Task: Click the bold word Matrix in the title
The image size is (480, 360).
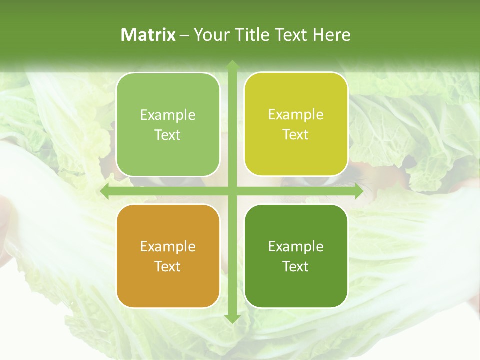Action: (148, 35)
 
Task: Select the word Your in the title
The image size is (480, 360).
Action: (209, 35)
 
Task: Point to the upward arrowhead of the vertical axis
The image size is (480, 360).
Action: (232, 65)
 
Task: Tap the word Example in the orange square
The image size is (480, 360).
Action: (168, 246)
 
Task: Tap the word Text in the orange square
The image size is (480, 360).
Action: (168, 266)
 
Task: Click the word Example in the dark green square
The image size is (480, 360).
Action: (296, 246)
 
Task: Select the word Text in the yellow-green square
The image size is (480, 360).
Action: (296, 135)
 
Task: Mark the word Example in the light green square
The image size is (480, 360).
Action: (168, 115)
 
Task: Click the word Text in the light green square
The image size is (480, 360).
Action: (168, 135)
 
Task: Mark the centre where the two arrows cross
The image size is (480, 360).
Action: (232, 191)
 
